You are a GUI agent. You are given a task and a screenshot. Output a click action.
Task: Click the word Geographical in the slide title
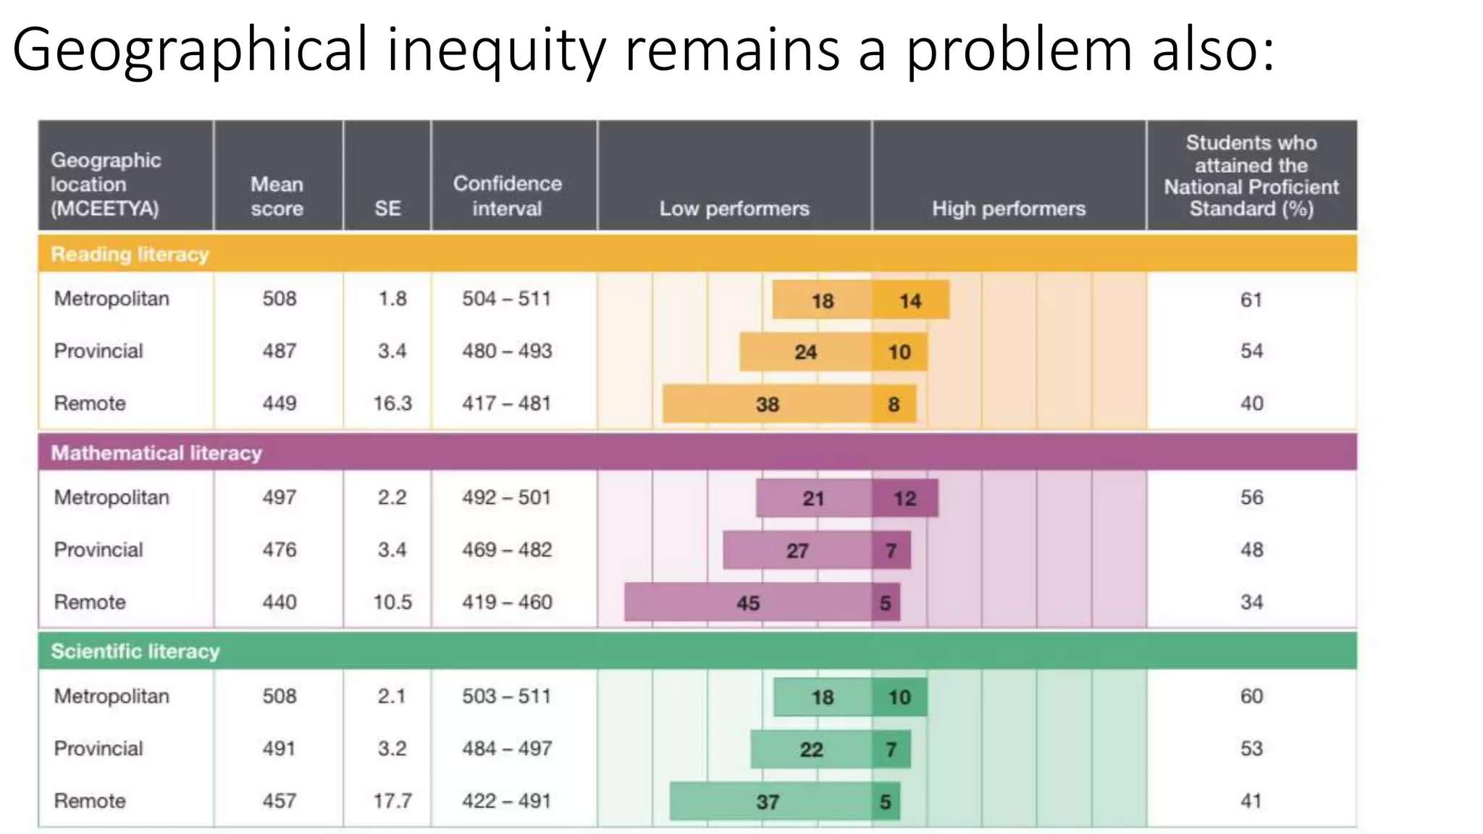coord(190,51)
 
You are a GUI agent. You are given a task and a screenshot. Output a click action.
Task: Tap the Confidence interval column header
coord(507,195)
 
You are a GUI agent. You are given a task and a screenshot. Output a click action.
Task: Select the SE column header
coord(387,208)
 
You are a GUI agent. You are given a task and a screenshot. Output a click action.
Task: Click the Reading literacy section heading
coord(130,254)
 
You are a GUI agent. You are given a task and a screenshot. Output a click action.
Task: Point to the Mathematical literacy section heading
coord(156,453)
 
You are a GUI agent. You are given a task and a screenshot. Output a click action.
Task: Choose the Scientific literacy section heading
coord(135,652)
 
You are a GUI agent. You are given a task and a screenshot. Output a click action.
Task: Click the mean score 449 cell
coord(279,403)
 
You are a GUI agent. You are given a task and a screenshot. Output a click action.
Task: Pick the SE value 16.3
coord(392,403)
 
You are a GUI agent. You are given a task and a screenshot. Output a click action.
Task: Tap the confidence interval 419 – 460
coord(507,602)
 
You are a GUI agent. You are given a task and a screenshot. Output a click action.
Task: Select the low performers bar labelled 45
coord(748,602)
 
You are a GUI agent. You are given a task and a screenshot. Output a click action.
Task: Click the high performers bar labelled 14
coord(910,300)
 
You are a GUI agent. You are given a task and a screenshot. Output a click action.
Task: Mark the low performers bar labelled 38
coord(767,404)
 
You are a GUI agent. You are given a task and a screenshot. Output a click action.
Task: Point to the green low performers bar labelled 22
coord(811,749)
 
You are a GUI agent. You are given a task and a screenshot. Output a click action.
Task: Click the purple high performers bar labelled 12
coord(905,498)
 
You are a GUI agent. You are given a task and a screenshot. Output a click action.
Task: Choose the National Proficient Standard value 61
coord(1251,300)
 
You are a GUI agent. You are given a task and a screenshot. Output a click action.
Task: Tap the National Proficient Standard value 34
coord(1251,602)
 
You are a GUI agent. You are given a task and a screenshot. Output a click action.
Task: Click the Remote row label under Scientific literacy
coord(90,801)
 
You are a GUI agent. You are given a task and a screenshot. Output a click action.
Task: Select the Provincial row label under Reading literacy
coord(98,351)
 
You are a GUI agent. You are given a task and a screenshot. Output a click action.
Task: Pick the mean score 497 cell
coord(279,497)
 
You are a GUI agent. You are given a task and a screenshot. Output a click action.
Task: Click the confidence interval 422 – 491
coord(507,801)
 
